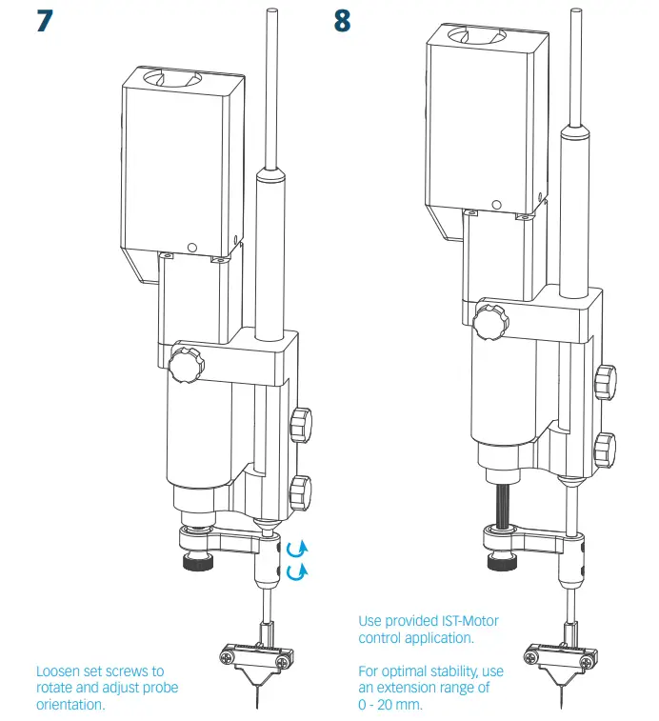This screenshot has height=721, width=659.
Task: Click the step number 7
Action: coord(44,21)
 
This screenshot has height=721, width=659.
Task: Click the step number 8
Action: coord(343,21)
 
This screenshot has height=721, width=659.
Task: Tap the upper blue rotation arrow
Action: coord(296,549)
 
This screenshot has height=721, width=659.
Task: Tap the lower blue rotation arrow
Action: coord(296,571)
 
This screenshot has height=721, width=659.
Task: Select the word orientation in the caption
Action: coord(70,706)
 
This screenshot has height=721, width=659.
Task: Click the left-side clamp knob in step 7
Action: coord(184,364)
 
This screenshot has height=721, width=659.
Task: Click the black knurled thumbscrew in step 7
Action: coord(198,562)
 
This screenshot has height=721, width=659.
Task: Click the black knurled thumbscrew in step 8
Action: coord(502,563)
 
